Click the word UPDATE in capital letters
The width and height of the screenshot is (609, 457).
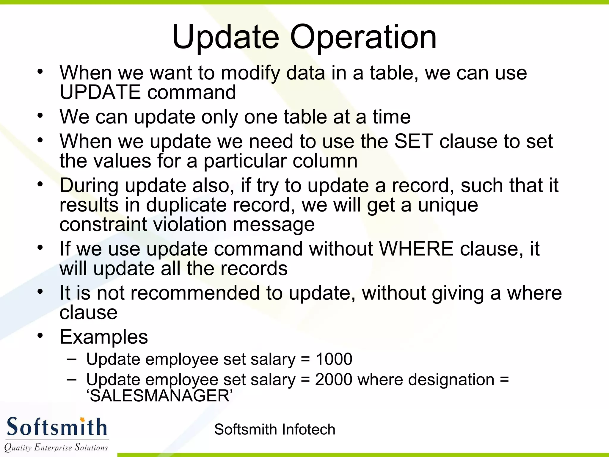(x=100, y=92)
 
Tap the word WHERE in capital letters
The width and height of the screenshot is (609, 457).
(x=416, y=249)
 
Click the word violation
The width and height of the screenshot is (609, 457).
(x=190, y=225)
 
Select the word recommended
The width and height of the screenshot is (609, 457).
(x=195, y=293)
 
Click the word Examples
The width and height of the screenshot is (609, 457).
(x=104, y=337)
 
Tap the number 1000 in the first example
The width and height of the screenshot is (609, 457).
(x=334, y=359)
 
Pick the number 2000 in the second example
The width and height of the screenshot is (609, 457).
(x=334, y=380)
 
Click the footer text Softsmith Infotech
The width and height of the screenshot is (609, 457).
(x=274, y=430)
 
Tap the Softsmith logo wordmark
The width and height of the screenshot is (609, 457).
(x=56, y=427)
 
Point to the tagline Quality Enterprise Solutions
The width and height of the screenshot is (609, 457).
(x=56, y=447)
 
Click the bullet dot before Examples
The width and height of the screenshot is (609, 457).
(x=40, y=336)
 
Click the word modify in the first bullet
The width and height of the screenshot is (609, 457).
(x=250, y=73)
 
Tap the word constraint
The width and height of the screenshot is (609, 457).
(x=103, y=225)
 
